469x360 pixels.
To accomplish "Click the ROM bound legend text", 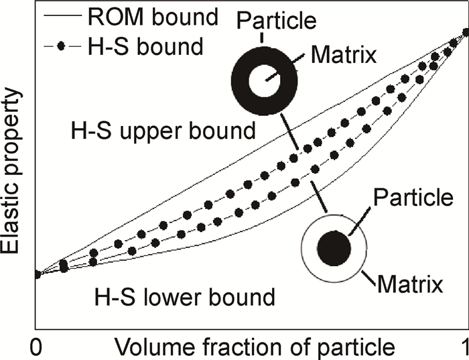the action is [x=153, y=17].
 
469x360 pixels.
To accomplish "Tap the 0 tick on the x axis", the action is [x=37, y=347].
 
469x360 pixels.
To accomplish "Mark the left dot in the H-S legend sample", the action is [x=61, y=47].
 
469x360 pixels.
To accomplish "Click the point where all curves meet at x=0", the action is [x=38, y=274].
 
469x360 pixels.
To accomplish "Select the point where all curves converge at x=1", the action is [x=465, y=32].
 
